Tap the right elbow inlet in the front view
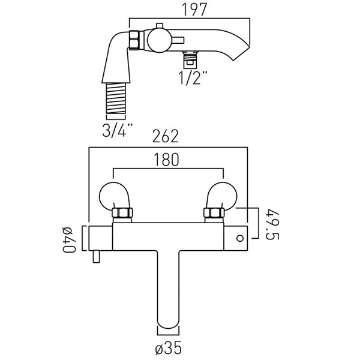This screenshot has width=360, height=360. (222, 194)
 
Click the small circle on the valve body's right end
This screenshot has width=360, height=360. (241, 238)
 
